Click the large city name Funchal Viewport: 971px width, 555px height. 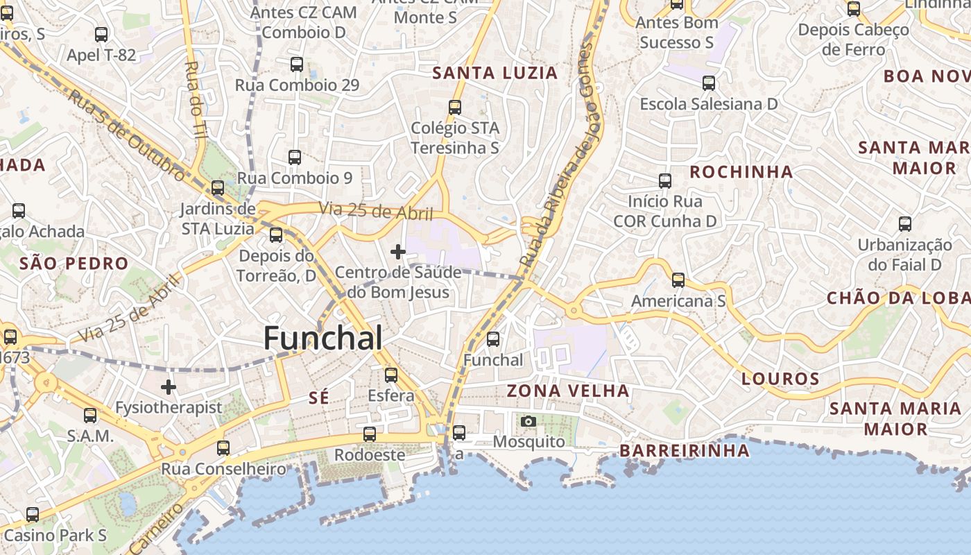coord(323,338)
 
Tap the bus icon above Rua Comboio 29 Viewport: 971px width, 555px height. coord(297,65)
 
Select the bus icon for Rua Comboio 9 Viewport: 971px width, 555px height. coord(295,157)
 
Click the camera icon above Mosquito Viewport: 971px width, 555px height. coord(529,421)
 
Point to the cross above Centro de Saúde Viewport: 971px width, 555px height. coord(397,252)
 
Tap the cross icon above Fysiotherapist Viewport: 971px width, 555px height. coord(169,386)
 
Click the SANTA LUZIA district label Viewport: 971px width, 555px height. coord(495,73)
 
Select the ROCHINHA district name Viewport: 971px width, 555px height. coord(741,171)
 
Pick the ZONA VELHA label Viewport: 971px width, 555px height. coord(568,391)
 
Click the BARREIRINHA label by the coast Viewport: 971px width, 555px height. coord(685,450)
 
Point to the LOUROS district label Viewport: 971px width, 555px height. coord(780,379)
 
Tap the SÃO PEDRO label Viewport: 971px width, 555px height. coord(74,264)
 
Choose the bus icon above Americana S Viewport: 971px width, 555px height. coord(678,280)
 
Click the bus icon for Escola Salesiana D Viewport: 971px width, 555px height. coord(709,83)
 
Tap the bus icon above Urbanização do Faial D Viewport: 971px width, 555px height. coord(905,224)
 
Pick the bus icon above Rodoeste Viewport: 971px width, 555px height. coord(370,434)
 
